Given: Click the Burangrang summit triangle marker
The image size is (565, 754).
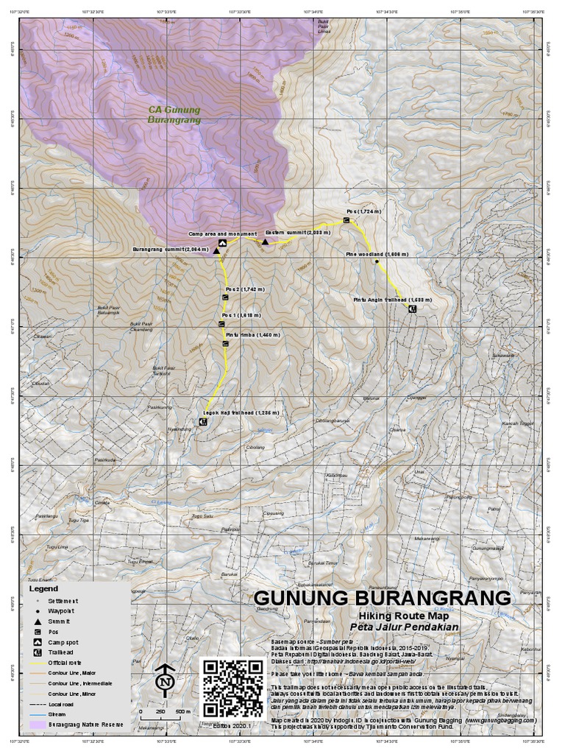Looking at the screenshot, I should pyautogui.click(x=216, y=251).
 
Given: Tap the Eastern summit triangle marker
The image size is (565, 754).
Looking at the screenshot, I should pyautogui.click(x=265, y=242).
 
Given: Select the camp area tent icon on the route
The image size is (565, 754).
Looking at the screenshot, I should pyautogui.click(x=222, y=242).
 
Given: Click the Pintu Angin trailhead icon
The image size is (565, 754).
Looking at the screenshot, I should pyautogui.click(x=412, y=309).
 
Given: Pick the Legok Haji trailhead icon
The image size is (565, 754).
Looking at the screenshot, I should pyautogui.click(x=202, y=413).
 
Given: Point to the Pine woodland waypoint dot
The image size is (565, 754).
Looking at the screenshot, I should pyautogui.click(x=376, y=261).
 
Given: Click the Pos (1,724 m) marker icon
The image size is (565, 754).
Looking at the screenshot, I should pyautogui.click(x=347, y=219).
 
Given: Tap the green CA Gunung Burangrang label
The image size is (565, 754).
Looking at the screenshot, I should pyautogui.click(x=174, y=114).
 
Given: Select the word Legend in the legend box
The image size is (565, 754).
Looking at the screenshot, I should pyautogui.click(x=43, y=589).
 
